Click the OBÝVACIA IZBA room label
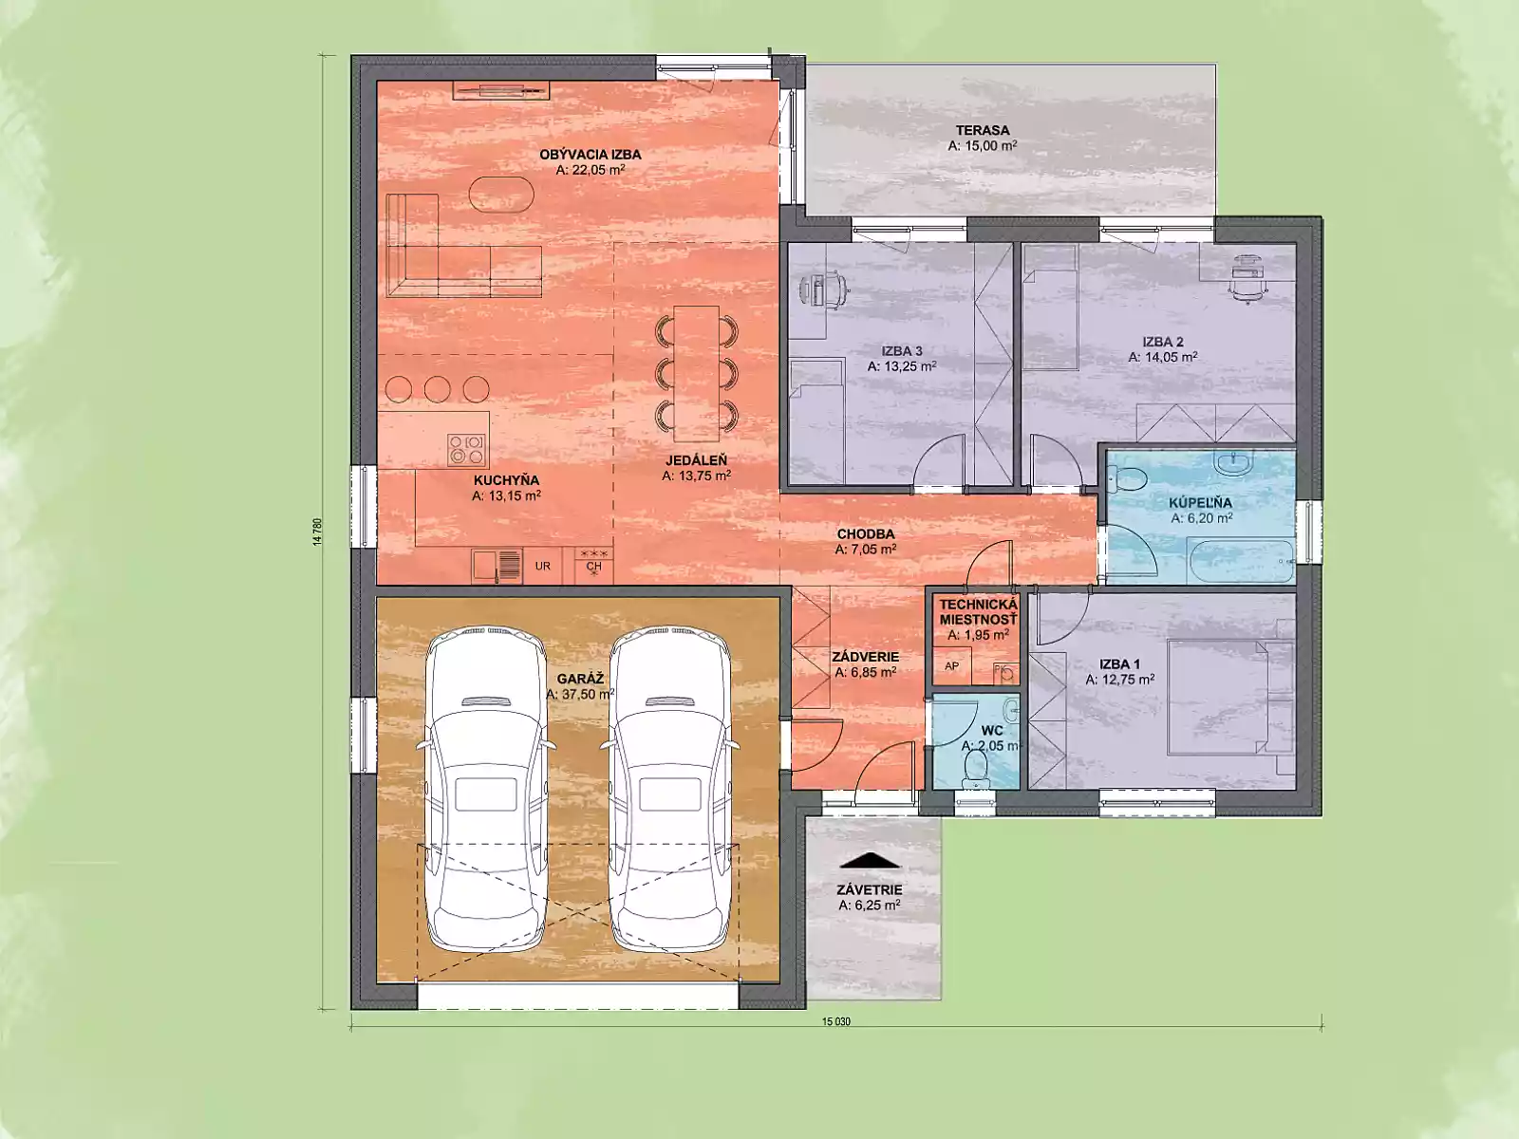click(x=591, y=154)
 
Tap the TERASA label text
click(x=983, y=130)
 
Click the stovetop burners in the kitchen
click(x=466, y=449)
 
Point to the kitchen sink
click(x=497, y=567)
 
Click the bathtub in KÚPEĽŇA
click(x=1240, y=561)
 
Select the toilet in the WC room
click(x=975, y=768)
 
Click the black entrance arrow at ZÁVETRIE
click(x=870, y=860)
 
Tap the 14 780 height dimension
click(x=318, y=532)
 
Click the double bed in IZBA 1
click(x=1230, y=697)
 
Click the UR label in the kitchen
click(x=542, y=566)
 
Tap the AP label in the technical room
click(x=951, y=666)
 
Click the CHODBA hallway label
click(x=866, y=533)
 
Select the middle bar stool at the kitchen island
click(x=438, y=388)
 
